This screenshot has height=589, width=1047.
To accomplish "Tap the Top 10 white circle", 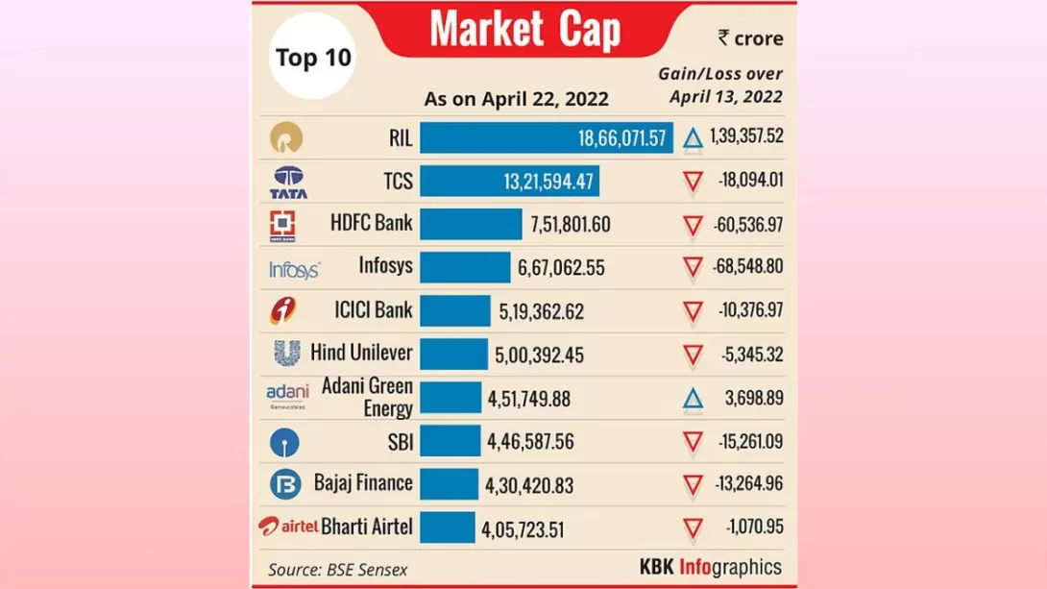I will point(313,57).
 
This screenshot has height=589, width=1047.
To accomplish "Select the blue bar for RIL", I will point(546,137).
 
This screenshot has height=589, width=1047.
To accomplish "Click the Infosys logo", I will point(294,270).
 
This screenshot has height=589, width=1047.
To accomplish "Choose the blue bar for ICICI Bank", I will point(454,311).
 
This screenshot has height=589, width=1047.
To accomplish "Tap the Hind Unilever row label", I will point(361,353).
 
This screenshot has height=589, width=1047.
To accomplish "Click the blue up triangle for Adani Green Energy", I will point(693,398).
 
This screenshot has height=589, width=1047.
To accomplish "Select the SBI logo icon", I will point(284,442).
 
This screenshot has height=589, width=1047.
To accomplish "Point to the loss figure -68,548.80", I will point(747,267).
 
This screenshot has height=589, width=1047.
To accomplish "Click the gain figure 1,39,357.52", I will point(746,136).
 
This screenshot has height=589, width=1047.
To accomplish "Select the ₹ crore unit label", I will point(750,38).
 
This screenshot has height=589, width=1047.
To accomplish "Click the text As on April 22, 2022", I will point(516,99).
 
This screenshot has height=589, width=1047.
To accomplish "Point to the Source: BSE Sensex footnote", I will point(337,569).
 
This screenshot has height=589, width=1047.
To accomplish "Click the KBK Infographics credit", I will point(711,567).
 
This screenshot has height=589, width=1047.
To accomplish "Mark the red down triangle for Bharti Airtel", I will point(693,528).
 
